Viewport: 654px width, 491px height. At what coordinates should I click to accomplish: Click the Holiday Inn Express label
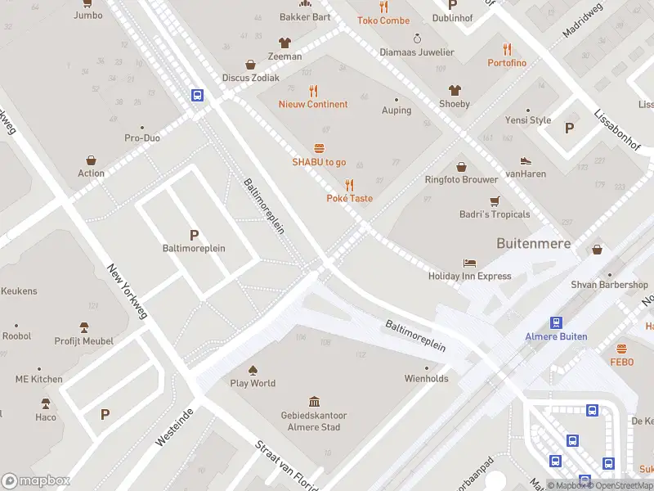coord(469,276)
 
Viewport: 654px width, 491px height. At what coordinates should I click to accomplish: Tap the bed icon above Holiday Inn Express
coord(469,263)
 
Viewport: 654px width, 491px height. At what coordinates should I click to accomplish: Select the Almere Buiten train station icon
coord(556,322)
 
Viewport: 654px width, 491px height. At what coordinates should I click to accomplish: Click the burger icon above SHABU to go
coord(319,148)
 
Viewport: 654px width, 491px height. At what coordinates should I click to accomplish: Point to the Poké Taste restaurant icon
coord(349,184)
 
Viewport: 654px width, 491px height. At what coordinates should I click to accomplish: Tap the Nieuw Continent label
coord(312,104)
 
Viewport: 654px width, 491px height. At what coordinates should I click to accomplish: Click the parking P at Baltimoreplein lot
coord(194,235)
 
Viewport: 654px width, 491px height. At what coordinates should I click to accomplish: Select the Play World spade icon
coord(253,370)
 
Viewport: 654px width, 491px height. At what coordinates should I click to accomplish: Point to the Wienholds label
coord(426,378)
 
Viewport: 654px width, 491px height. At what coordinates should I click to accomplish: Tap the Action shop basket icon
coord(91,160)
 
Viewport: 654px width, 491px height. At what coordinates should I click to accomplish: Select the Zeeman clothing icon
coord(284,43)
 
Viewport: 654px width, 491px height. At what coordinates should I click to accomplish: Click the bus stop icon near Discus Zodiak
coord(197,95)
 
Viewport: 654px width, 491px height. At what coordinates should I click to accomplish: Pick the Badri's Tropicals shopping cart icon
coord(494,200)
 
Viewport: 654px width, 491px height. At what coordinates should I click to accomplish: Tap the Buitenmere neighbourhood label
coord(533,243)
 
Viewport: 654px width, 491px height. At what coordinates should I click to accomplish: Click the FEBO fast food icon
coord(622,348)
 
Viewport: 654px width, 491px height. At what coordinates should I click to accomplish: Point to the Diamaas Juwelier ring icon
coord(417,38)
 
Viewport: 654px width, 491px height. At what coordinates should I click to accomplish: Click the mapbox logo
coord(34,481)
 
